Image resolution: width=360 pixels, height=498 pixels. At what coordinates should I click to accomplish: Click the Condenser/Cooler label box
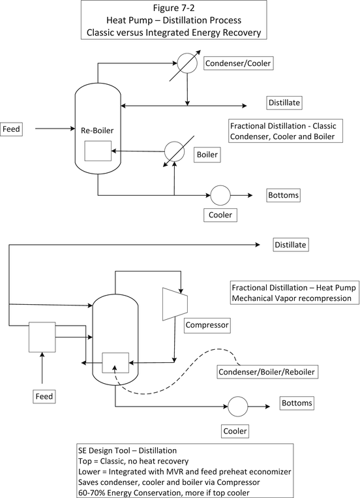239,63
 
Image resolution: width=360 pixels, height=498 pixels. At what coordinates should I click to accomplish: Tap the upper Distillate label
284,102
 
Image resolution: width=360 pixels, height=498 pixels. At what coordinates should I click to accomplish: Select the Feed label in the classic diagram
12,129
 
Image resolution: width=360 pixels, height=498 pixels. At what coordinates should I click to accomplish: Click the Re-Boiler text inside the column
97,131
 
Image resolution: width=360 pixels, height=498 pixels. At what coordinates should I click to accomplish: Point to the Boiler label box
207,155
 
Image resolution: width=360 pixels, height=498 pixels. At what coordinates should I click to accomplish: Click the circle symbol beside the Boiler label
174,151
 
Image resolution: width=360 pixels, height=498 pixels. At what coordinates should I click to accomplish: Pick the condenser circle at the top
187,63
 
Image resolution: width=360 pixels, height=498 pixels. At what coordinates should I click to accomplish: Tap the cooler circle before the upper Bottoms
220,195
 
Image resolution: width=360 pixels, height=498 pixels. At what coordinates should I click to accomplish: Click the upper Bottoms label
283,195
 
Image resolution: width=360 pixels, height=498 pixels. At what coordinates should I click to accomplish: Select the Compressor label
207,325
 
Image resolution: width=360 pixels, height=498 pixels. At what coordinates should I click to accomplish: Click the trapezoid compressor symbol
175,304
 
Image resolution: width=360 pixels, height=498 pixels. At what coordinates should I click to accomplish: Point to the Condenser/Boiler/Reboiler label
267,372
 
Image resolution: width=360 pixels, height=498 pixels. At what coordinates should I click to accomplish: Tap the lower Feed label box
44,396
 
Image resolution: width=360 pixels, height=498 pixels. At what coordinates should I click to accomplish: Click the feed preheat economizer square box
42,337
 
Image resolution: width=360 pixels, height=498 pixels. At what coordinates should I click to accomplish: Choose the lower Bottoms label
297,403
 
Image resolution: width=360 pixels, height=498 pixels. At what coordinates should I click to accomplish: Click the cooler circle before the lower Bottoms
238,406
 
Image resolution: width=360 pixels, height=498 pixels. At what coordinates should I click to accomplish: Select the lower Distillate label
290,245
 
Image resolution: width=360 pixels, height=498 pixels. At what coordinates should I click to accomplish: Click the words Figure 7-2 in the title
173,8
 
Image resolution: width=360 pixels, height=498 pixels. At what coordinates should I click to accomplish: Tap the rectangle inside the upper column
98,151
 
